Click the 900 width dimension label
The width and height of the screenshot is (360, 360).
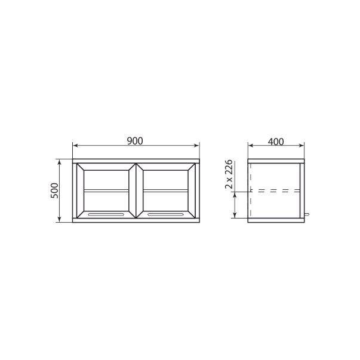135,141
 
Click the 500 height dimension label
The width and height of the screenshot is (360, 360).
55,190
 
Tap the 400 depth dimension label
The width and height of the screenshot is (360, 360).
276,141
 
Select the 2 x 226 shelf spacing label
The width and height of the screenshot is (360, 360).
229,174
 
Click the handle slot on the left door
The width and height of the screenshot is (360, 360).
106,214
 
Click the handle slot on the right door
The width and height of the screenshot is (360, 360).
165,214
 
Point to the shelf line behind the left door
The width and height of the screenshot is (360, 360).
106,190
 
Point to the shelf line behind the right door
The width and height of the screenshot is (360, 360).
165,190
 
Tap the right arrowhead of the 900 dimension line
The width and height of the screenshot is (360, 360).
197,146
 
